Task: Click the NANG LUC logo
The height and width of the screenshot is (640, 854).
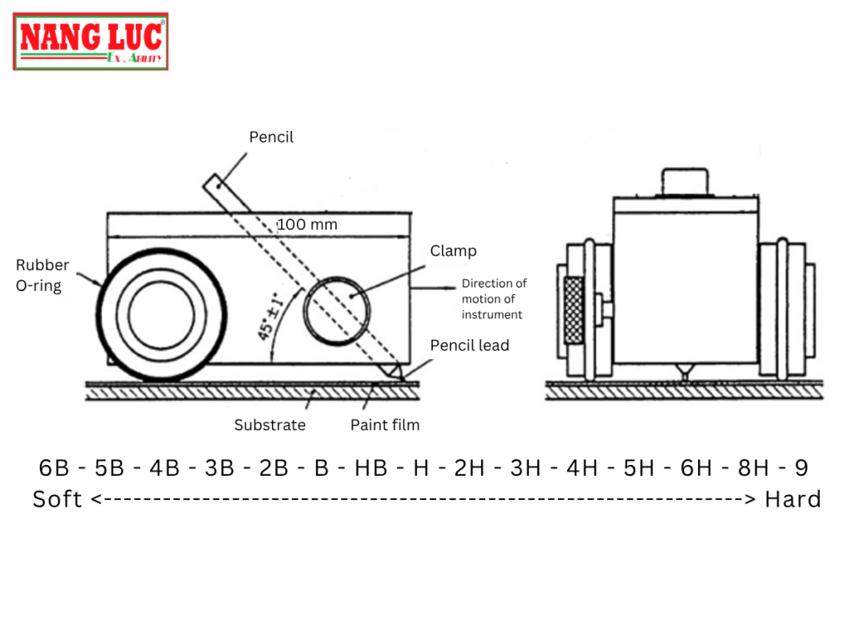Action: (90, 42)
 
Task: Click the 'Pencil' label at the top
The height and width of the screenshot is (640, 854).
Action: (271, 137)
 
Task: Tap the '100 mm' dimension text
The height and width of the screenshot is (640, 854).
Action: (307, 224)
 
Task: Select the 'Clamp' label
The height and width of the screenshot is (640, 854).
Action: (453, 251)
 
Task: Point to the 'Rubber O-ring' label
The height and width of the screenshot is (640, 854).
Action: (43, 275)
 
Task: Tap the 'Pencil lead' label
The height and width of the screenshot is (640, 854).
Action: (470, 346)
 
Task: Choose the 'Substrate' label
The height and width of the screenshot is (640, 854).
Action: (269, 425)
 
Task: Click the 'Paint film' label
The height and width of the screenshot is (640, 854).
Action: (384, 425)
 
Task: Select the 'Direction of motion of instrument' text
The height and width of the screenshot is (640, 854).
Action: (494, 299)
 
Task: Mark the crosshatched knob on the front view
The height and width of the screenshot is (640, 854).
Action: (574, 310)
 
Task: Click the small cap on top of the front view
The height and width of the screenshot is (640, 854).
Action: (686, 182)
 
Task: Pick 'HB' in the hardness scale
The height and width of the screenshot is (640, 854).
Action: (371, 468)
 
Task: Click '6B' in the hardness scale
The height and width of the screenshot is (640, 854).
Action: (54, 468)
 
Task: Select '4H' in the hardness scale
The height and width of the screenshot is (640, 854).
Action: (581, 468)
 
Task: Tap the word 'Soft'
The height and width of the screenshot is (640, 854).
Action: (58, 499)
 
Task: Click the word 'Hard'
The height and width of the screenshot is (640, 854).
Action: (793, 499)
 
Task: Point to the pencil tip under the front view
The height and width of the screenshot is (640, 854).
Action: (686, 373)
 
